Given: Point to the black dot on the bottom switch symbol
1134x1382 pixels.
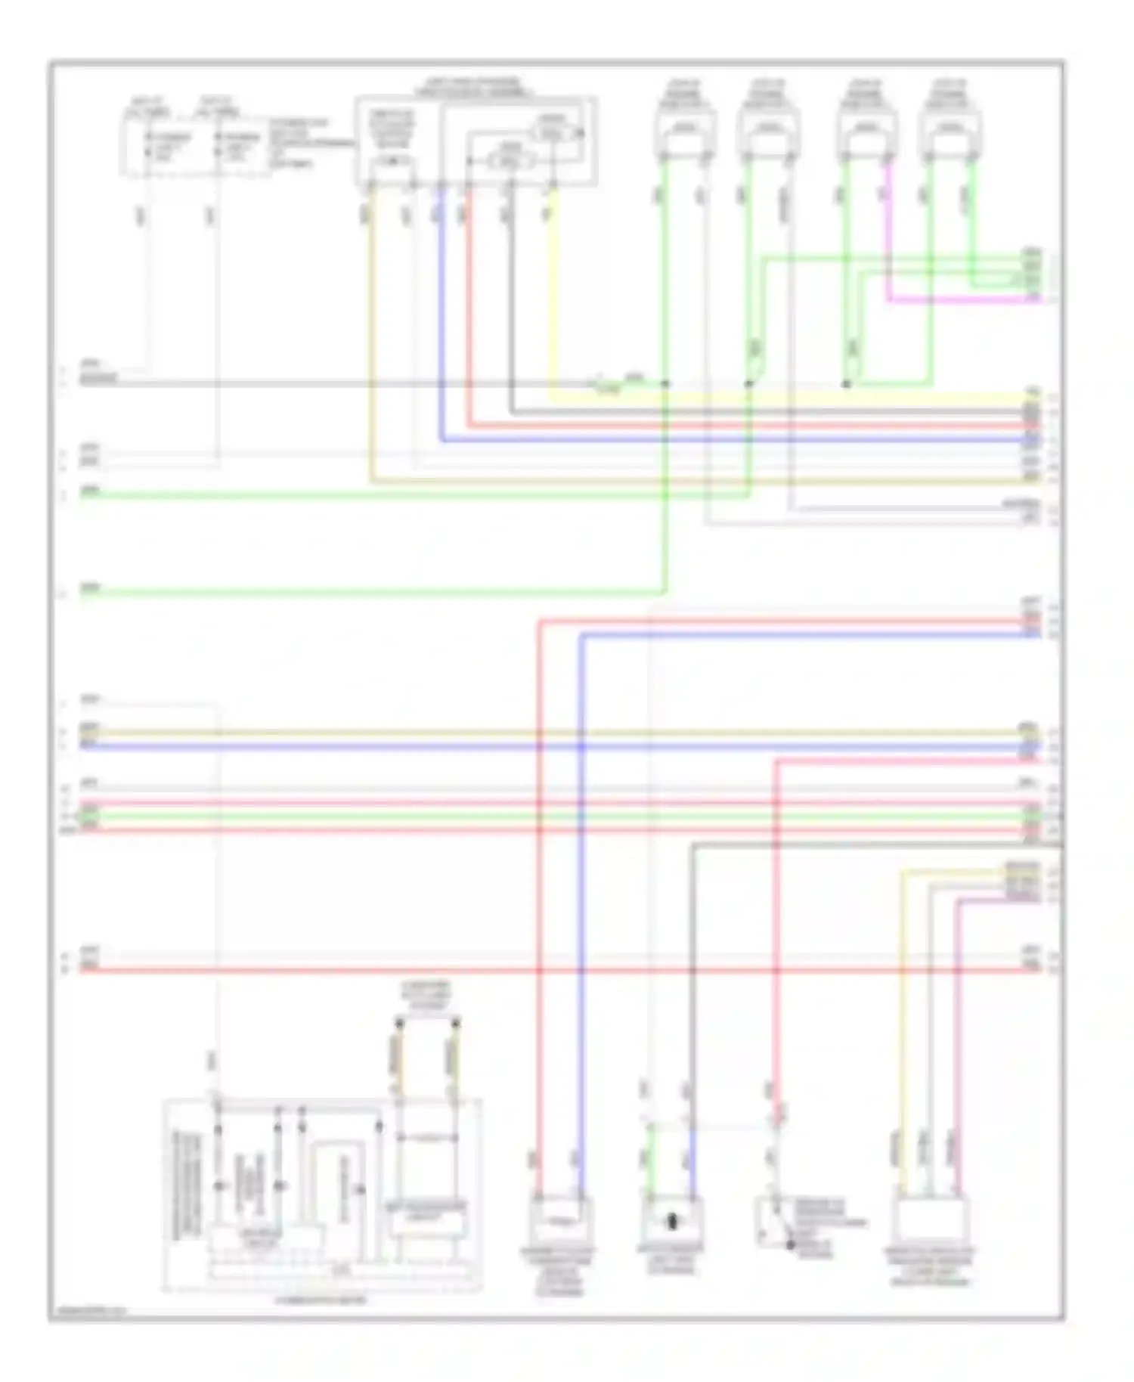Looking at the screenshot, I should click(791, 1244).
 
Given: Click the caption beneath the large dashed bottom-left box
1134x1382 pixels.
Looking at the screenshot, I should click(321, 1300).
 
